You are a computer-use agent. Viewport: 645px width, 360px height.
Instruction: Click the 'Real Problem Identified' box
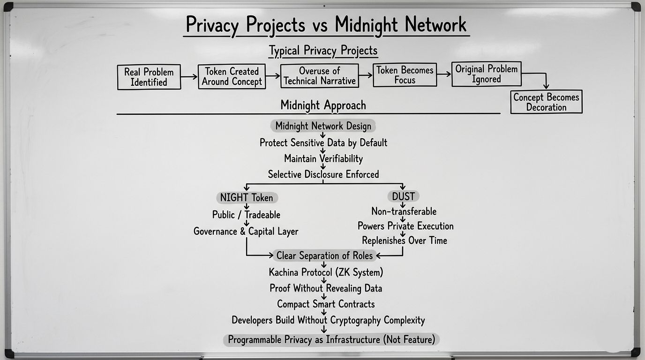pyautogui.click(x=149, y=77)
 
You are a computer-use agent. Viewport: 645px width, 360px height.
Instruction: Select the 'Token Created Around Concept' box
pyautogui.click(x=232, y=76)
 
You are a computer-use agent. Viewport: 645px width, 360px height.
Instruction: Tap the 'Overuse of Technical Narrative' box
pyautogui.click(x=320, y=76)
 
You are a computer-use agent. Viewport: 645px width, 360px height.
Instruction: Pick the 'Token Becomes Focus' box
pyautogui.click(x=405, y=75)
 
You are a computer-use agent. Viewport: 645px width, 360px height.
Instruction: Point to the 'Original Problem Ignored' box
pyautogui.click(x=487, y=74)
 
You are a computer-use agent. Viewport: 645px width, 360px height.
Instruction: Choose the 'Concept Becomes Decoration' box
pyautogui.click(x=546, y=102)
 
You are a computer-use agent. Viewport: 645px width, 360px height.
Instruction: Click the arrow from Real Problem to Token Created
pyautogui.click(x=189, y=76)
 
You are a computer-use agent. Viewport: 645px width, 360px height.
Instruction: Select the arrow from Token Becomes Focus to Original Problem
pyautogui.click(x=444, y=74)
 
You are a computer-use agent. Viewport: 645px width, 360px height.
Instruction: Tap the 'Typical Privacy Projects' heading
pyautogui.click(x=323, y=50)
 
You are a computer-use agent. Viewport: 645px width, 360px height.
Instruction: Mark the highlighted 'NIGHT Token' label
pyautogui.click(x=247, y=198)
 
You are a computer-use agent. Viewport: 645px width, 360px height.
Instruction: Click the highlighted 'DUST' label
pyautogui.click(x=403, y=196)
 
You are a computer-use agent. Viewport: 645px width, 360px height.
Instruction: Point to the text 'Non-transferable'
pyautogui.click(x=404, y=211)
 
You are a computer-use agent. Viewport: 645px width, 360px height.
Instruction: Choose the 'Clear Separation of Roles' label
pyautogui.click(x=324, y=255)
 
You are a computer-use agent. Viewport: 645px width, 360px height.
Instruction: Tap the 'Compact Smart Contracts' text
pyautogui.click(x=326, y=304)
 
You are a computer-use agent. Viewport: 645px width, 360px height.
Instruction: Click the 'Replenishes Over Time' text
pyautogui.click(x=404, y=240)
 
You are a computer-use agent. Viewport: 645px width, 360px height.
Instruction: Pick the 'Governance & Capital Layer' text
pyautogui.click(x=246, y=232)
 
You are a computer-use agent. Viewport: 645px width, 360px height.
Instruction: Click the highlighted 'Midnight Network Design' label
pyautogui.click(x=323, y=126)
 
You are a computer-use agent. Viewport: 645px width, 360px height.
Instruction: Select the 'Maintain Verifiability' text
pyautogui.click(x=323, y=158)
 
